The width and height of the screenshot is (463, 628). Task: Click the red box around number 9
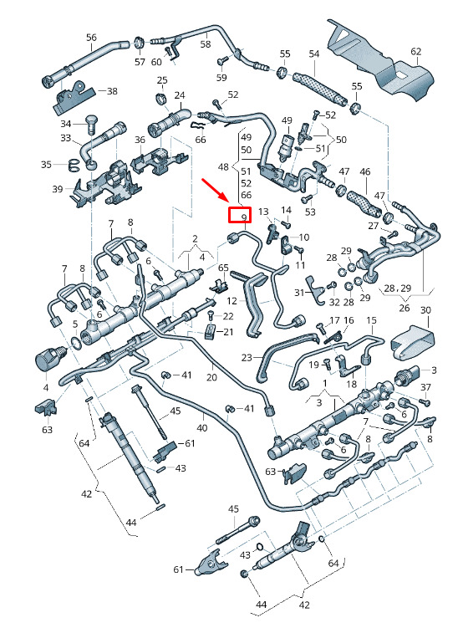[x=239, y=215]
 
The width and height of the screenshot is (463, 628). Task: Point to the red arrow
[x=215, y=191]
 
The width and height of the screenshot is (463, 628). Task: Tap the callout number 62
[x=415, y=51]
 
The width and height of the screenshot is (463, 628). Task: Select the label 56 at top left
[x=91, y=38]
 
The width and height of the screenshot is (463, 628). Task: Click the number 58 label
[x=206, y=43]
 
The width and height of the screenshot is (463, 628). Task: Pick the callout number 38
[x=112, y=91]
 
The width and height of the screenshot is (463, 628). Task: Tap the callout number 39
[x=58, y=189]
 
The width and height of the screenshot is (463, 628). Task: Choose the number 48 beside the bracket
[x=223, y=166]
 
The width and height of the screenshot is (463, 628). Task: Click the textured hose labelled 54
[x=318, y=87]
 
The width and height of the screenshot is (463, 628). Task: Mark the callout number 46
[x=364, y=172]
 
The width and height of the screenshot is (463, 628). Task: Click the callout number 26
[x=404, y=308]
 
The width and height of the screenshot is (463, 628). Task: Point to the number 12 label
[x=231, y=300]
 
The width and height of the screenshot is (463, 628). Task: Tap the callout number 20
[x=211, y=377]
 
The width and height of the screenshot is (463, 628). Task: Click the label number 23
[x=247, y=357]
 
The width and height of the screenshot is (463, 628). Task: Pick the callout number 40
[x=202, y=427]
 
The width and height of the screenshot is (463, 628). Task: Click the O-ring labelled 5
[x=75, y=341]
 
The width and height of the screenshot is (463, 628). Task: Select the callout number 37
[x=425, y=387]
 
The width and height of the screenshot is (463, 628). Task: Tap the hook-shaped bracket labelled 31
[x=315, y=288]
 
